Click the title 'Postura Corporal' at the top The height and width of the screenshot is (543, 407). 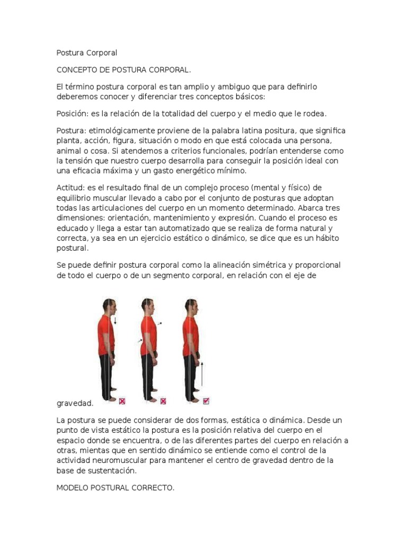[x=86, y=53]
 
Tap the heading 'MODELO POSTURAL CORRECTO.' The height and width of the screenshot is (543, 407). [x=115, y=488]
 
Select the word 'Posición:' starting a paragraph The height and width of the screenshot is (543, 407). [x=72, y=113]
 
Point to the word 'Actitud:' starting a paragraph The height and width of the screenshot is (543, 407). [x=70, y=188]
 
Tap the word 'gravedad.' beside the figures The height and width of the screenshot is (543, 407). [x=75, y=403]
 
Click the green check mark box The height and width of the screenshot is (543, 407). [x=207, y=401]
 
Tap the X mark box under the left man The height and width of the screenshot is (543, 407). [x=122, y=401]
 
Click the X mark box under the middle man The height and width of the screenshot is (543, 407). [x=163, y=401]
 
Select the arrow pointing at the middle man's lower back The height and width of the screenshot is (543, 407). [x=140, y=340]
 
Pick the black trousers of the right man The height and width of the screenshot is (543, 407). [x=190, y=376]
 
